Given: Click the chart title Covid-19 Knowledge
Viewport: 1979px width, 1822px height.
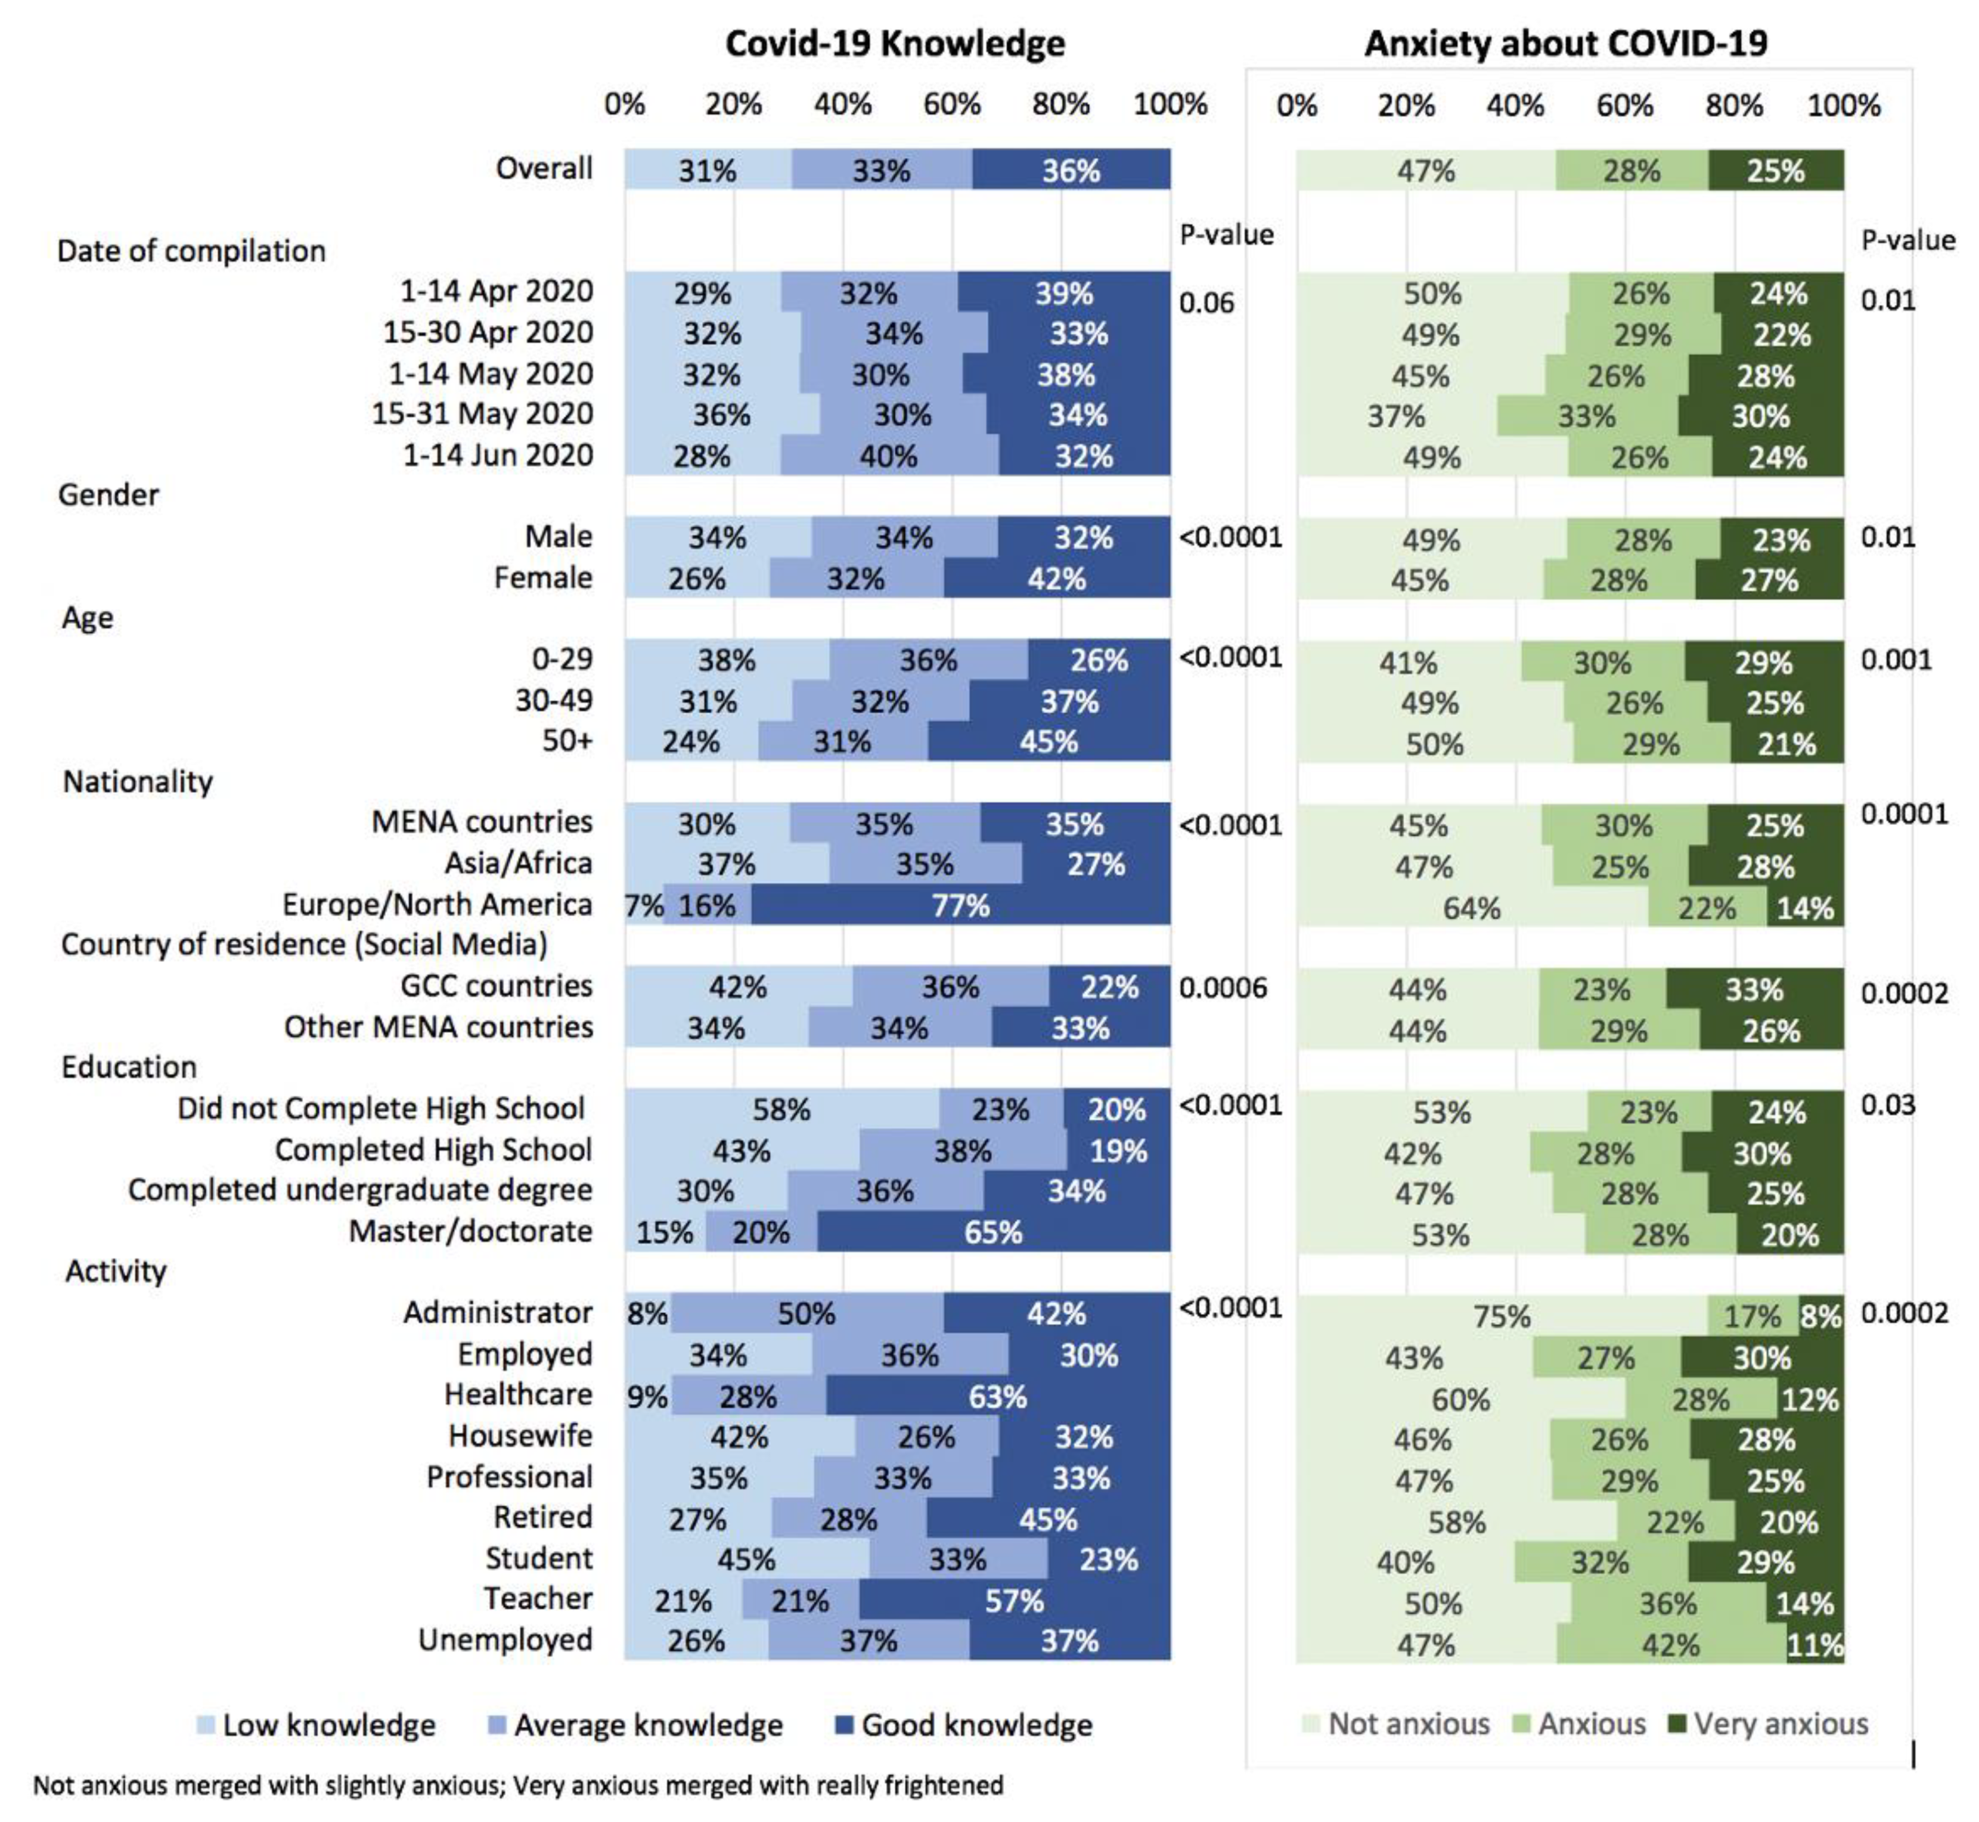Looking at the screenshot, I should pos(894,44).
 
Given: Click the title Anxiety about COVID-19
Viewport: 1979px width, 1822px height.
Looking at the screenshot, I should pos(1565,44).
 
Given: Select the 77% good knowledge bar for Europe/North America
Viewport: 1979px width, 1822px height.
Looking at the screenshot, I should pos(961,905).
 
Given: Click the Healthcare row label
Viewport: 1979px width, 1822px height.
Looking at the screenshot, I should pos(519,1394).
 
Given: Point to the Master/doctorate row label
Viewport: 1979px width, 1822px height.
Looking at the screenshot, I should pos(470,1232).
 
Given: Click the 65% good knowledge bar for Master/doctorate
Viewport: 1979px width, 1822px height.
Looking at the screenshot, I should pos(994,1232).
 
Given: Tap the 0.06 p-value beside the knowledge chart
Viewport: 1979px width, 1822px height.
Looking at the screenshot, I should pos(1206,303).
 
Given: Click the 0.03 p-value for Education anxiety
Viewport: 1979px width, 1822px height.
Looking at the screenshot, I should pos(1887,1105).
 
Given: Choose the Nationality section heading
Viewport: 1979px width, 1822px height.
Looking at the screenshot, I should pos(138,782).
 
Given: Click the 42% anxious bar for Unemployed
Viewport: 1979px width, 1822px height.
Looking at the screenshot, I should pos(1670,1644).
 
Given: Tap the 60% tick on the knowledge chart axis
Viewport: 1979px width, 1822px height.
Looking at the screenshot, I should pos(952,104).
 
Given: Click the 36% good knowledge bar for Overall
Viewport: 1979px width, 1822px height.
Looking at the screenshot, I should pos(1071,171).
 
